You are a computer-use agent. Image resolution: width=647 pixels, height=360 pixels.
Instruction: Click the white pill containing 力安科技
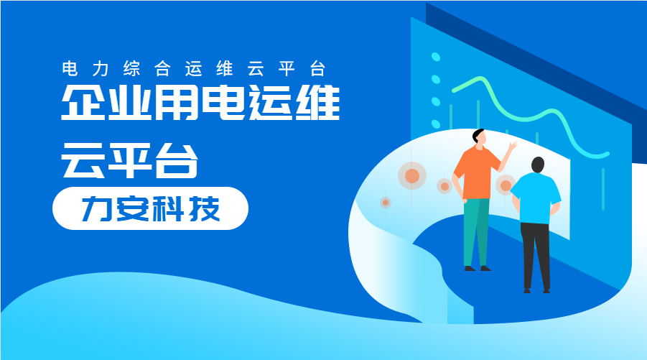[150, 208]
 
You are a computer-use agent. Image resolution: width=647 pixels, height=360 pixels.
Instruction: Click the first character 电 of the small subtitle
[70, 69]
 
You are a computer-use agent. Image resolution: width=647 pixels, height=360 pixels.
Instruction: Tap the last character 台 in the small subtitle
[318, 69]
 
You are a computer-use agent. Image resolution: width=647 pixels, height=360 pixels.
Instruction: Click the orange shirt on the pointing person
[474, 172]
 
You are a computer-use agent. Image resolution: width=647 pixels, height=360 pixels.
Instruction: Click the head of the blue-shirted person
[539, 165]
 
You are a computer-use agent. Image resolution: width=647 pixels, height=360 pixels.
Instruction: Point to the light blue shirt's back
[537, 198]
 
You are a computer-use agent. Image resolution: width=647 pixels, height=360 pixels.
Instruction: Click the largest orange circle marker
[412, 176]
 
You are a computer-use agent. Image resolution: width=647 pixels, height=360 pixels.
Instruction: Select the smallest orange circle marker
[386, 203]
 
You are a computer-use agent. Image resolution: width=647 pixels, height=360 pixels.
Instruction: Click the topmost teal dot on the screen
[435, 56]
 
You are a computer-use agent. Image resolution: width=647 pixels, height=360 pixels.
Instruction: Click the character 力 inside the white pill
[96, 208]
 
